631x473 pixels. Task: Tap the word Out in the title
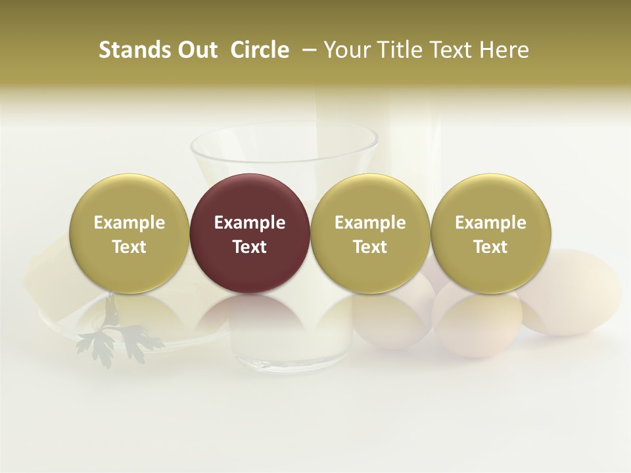(x=196, y=50)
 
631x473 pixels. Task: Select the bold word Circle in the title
(x=260, y=50)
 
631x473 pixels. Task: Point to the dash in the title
(x=306, y=50)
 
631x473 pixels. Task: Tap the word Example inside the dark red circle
(x=250, y=223)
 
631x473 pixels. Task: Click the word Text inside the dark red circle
(x=250, y=247)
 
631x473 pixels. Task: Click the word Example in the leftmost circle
(x=129, y=223)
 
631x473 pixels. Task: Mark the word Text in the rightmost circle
(x=490, y=247)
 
